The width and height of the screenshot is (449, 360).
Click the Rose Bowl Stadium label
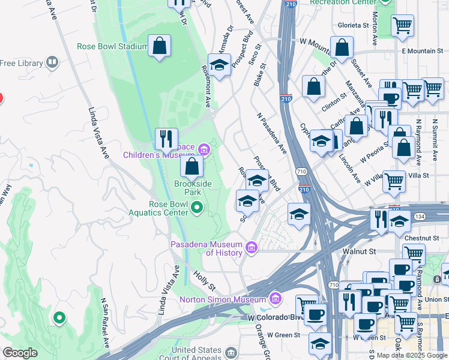112,46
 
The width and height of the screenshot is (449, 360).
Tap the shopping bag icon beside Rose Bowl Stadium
160,46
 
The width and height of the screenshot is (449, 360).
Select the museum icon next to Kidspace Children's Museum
203,149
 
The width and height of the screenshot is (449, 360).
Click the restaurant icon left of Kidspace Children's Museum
166,139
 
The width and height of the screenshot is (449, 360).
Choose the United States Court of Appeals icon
231,351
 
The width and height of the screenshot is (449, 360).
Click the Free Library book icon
52,62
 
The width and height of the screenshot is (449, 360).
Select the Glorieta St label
353,25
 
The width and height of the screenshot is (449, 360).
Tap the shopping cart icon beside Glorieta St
402,26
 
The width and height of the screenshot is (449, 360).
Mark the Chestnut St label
424,238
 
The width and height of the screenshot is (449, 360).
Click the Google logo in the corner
20,353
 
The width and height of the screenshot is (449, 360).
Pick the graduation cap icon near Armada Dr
220,64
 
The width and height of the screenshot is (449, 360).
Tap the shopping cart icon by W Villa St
394,180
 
